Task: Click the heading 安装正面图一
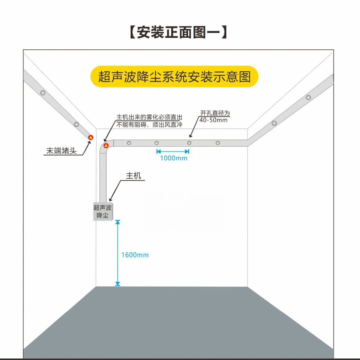coord(179,32)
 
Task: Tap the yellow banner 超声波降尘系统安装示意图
coord(174,77)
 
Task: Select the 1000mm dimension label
coord(174,158)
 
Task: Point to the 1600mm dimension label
coord(135,255)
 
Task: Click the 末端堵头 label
coord(61,151)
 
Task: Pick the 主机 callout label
coord(133,176)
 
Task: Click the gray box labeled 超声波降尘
coord(103,211)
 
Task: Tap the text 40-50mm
coord(213,120)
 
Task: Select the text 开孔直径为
coord(215,113)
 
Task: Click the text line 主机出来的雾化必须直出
coord(149,117)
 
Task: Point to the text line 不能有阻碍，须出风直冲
coord(149,125)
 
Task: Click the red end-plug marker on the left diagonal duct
coord(91,137)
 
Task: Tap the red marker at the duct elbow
coord(106,145)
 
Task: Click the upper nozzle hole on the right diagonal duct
coord(308,97)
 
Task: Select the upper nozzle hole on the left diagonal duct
coord(43,93)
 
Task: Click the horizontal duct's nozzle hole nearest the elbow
coord(129,143)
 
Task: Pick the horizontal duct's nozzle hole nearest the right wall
coord(218,143)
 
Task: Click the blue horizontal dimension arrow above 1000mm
coord(173,151)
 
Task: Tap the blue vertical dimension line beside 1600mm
coord(118,253)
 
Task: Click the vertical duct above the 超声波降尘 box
coord(103,174)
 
